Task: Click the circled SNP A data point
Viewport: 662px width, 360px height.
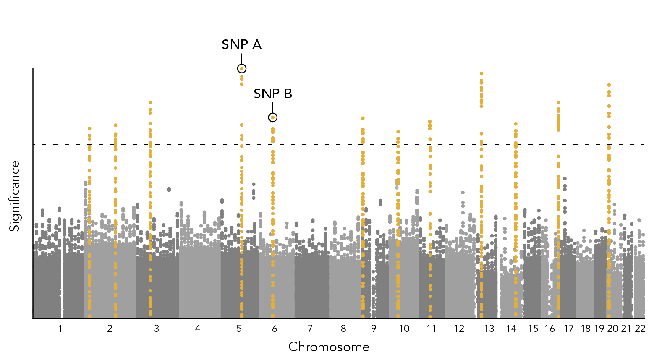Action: [241, 68]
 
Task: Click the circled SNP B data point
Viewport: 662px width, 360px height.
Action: [273, 117]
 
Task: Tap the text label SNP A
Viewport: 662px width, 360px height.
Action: [241, 44]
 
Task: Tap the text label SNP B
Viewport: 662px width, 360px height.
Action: [273, 94]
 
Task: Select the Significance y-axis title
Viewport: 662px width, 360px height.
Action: [15, 196]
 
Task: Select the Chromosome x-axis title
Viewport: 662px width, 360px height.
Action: [329, 347]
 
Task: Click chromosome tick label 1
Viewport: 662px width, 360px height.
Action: [60, 329]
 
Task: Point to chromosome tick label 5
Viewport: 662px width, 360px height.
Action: [239, 329]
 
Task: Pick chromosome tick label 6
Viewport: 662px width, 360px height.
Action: [275, 329]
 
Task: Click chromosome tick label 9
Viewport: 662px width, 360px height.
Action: [374, 329]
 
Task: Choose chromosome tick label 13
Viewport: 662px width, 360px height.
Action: [489, 329]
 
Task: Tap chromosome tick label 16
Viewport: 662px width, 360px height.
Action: [550, 329]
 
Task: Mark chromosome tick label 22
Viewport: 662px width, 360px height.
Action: [640, 329]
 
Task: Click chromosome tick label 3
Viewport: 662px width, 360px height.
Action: [157, 329]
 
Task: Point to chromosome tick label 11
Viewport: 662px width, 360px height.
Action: [431, 329]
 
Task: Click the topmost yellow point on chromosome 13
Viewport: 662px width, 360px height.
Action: [481, 73]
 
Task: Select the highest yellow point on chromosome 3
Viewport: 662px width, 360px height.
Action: [150, 102]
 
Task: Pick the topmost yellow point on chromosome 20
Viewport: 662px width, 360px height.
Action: [609, 85]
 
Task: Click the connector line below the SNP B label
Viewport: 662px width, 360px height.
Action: [273, 107]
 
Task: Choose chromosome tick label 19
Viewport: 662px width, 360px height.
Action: [599, 329]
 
